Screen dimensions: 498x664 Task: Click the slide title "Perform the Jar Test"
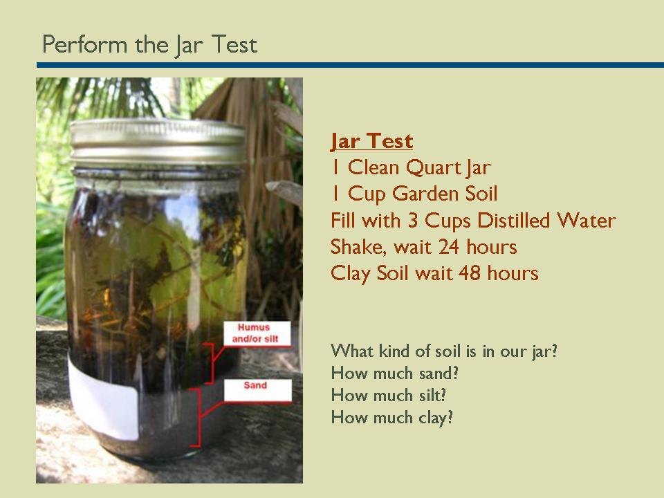tap(149, 45)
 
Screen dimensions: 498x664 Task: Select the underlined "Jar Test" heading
tap(371, 141)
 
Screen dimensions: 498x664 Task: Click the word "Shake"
tap(356, 247)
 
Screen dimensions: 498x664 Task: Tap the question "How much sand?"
tap(395, 373)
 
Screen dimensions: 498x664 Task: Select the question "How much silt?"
tap(389, 396)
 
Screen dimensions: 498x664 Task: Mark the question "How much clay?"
tap(392, 418)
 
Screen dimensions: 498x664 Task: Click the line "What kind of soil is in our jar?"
tap(444, 351)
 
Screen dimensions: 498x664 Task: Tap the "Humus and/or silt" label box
tap(254, 333)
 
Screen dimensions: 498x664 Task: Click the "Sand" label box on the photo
tap(255, 386)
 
